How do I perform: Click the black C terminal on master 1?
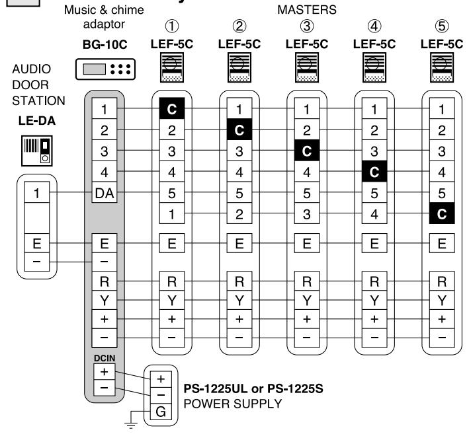point(172,108)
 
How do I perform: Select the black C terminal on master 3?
point(307,150)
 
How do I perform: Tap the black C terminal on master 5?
point(442,213)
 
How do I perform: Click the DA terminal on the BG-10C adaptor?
point(104,192)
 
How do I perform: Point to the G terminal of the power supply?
point(161,412)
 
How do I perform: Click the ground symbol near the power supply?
point(131,424)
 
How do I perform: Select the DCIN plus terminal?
point(104,372)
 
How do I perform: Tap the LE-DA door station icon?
point(37,151)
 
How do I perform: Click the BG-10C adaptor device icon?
point(105,69)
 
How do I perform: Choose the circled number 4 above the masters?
point(374,26)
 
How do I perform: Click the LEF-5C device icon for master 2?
point(239,67)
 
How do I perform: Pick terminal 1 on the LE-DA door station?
point(37,193)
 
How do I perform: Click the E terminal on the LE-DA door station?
point(37,243)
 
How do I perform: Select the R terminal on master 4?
point(374,281)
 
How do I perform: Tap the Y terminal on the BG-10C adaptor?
point(104,301)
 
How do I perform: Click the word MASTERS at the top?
point(307,10)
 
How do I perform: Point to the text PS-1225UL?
point(216,388)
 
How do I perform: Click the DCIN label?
point(105,358)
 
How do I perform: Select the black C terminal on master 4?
point(374,171)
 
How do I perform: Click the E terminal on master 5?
point(442,243)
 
